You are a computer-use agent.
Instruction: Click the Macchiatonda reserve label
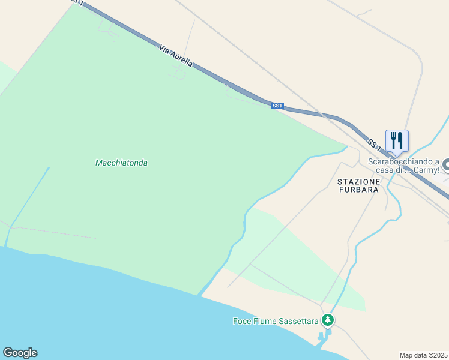(x=121, y=163)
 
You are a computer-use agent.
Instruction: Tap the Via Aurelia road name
(x=176, y=55)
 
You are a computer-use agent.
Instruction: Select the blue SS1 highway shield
(x=277, y=106)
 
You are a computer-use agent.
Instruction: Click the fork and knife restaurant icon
(x=397, y=141)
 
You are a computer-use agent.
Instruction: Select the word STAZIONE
(x=358, y=181)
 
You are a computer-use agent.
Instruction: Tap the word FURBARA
(x=358, y=190)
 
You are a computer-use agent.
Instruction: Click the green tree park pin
(x=327, y=320)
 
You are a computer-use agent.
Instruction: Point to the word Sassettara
(x=298, y=321)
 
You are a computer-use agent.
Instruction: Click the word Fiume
(x=264, y=321)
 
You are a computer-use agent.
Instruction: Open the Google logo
(x=20, y=353)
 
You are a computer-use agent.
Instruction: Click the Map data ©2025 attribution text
(x=423, y=355)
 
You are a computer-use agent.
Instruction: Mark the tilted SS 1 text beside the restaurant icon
(x=373, y=145)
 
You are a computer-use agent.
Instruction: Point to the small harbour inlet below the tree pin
(x=323, y=340)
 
